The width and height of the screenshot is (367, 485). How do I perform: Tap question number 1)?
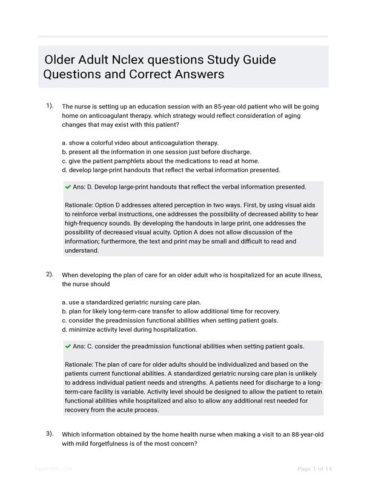coord(50,105)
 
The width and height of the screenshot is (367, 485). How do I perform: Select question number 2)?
coord(50,274)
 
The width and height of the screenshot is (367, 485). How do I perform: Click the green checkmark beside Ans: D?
coord(68,187)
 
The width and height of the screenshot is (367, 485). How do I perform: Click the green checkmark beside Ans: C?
coord(68,346)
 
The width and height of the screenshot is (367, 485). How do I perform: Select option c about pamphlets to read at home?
coord(160,161)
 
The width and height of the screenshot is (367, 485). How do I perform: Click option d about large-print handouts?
coord(171,170)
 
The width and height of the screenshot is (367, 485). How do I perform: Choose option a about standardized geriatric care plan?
coord(139,302)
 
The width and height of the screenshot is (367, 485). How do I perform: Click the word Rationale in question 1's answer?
coord(81,205)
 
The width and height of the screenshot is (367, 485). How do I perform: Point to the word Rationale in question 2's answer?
coord(81,364)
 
